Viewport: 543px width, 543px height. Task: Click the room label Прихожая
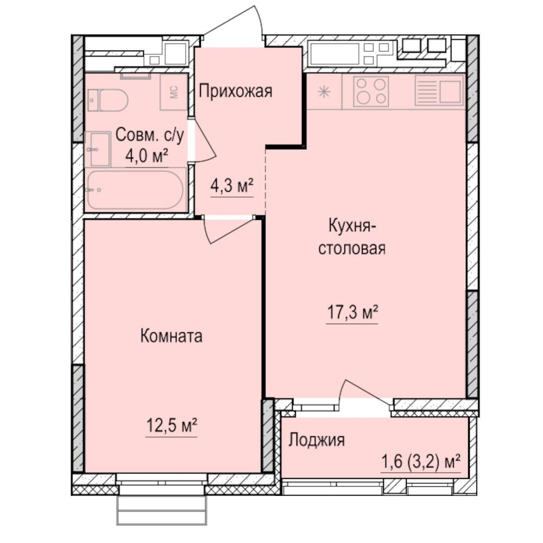[235, 91]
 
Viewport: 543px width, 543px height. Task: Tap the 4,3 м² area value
[232, 186]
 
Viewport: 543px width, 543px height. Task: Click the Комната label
[171, 336]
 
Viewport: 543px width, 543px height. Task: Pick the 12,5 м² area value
[171, 426]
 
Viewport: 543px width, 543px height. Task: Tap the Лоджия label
[316, 440]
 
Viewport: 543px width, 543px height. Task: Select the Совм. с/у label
[150, 134]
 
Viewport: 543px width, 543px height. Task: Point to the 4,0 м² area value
[146, 156]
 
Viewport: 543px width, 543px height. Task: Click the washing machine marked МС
[174, 92]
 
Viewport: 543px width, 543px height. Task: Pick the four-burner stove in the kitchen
[371, 91]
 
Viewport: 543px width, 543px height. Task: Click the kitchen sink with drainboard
[439, 90]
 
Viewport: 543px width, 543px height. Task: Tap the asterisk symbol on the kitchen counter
[324, 91]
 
